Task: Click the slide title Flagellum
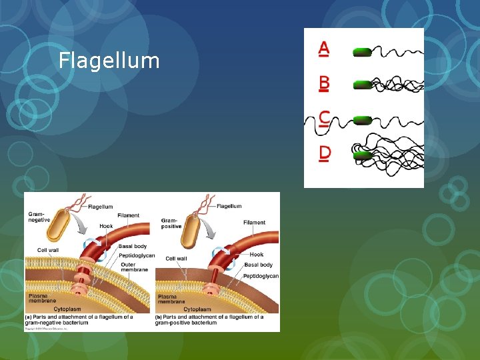tap(109, 61)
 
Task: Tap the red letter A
tap(324, 48)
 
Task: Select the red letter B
tap(324, 83)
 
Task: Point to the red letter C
tap(324, 118)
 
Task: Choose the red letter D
tap(325, 153)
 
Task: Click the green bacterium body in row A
tap(361, 51)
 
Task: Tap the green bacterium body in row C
tap(362, 120)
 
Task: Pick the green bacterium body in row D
tap(362, 155)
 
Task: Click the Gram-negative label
tap(39, 218)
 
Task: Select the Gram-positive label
tap(171, 222)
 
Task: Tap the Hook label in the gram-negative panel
tap(106, 227)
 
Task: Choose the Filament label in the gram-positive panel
tap(254, 223)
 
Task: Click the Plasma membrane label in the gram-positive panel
tap(170, 299)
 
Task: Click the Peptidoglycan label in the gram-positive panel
tap(261, 276)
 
